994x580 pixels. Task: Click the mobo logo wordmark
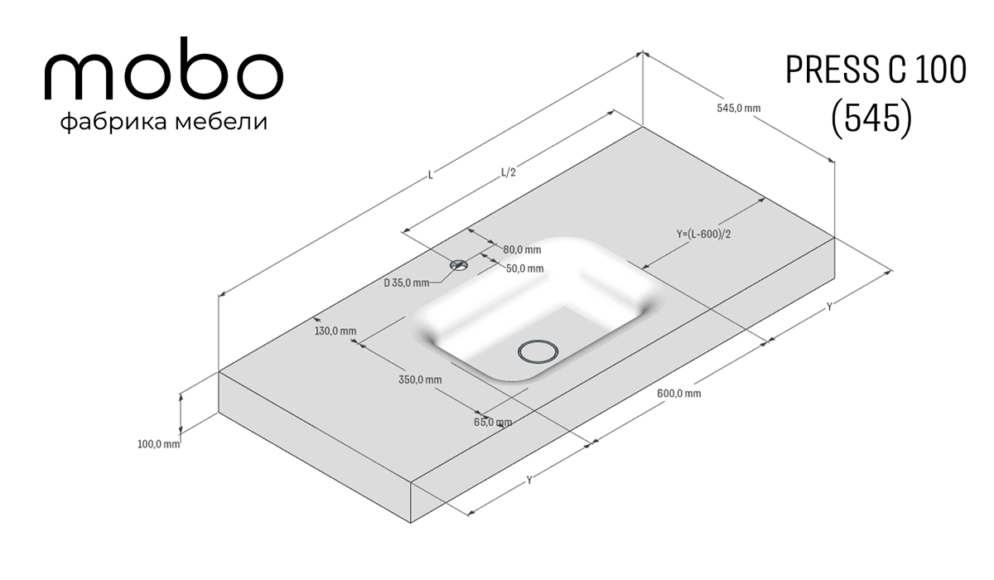(163, 69)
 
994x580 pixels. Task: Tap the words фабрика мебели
(164, 122)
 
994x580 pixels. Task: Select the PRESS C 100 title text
(876, 70)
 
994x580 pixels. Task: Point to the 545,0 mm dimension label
(738, 108)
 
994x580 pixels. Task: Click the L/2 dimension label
(509, 172)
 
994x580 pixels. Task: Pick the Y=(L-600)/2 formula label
(703, 234)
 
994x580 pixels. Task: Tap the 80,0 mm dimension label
(522, 250)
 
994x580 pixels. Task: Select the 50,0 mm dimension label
(524, 268)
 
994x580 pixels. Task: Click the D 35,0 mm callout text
(407, 283)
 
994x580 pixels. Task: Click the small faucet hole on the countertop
(459, 265)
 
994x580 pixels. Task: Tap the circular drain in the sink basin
(538, 352)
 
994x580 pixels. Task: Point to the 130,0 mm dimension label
(335, 331)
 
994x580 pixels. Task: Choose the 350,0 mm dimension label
(420, 379)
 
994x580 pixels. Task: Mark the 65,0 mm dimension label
(493, 422)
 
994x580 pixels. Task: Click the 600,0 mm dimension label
(679, 394)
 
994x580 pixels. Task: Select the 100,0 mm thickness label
(159, 444)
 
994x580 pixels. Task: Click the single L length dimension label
(430, 175)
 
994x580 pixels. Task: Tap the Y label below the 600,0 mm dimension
(529, 480)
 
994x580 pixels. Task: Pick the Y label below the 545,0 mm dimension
(828, 307)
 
